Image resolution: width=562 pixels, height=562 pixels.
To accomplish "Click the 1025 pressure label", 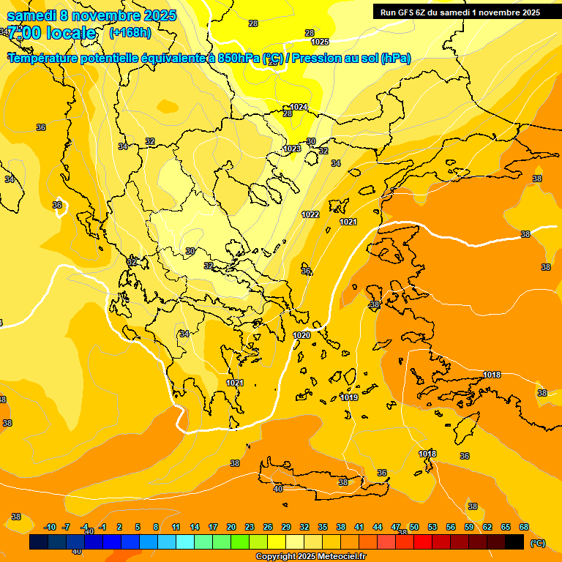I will tap(320, 42).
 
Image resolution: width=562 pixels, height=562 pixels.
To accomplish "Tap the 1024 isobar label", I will tap(299, 107).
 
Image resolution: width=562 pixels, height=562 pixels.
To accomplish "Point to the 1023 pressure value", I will tap(292, 149).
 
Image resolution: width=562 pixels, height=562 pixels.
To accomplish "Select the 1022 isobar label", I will tap(310, 214).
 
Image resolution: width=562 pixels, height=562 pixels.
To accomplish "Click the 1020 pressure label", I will tap(301, 335).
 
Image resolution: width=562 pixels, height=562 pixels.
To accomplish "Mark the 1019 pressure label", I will tap(349, 397).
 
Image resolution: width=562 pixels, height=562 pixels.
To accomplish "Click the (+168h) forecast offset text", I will tap(130, 32).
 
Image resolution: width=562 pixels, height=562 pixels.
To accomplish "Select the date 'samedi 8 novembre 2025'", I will tap(91, 15).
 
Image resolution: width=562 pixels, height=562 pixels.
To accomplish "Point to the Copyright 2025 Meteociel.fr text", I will tap(310, 557).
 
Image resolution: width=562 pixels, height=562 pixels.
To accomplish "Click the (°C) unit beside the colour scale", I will tap(537, 543).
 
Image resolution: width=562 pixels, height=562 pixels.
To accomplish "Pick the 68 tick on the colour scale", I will tap(524, 527).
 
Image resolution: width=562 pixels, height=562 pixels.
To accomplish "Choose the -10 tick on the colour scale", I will tap(50, 527).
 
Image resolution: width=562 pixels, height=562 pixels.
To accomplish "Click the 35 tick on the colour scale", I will tap(323, 527).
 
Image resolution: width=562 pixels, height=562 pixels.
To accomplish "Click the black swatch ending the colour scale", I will tap(514, 542).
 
